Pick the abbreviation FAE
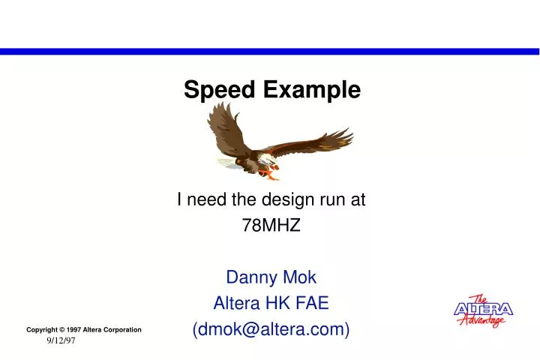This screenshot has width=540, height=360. [313, 303]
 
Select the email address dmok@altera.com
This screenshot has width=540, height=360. [271, 329]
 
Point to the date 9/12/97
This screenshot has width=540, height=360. [61, 341]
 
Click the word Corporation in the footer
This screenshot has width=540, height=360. [121, 330]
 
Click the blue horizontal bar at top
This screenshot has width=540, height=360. [270, 52]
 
